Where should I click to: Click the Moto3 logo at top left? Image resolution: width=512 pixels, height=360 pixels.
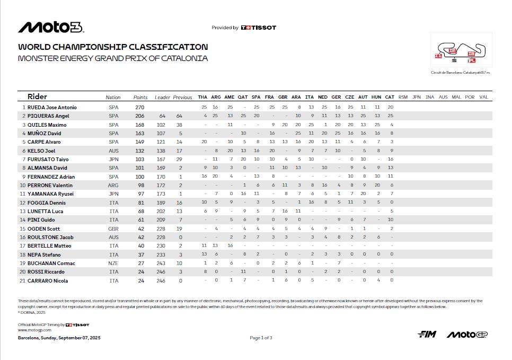pos(50,28)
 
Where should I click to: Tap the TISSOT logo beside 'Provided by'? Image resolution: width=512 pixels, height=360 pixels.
pos(258,28)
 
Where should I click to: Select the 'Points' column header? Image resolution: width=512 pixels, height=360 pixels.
pos(140,98)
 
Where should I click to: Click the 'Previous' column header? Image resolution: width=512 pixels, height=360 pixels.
pos(182,98)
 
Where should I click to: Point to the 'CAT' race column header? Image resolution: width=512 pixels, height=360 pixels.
pos(390,98)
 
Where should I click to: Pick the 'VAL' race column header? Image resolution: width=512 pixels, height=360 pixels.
pos(483,98)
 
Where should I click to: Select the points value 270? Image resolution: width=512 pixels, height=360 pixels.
pos(140,107)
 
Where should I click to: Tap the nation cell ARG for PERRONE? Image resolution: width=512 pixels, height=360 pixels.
pos(113,186)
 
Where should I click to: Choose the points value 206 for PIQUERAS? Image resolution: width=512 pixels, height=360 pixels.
pos(140,116)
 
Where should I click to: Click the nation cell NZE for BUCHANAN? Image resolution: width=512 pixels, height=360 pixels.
pos(113,264)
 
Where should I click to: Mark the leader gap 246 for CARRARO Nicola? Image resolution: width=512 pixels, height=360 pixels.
pos(161,281)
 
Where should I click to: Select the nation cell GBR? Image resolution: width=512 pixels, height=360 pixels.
pos(113,229)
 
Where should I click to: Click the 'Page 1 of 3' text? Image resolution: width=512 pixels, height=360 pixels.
pos(261,338)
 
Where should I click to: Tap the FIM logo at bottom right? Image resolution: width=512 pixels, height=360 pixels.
pos(427,334)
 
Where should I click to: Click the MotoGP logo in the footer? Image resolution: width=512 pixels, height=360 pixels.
pos(467,334)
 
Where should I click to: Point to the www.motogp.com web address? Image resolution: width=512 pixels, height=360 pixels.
pos(30,330)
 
